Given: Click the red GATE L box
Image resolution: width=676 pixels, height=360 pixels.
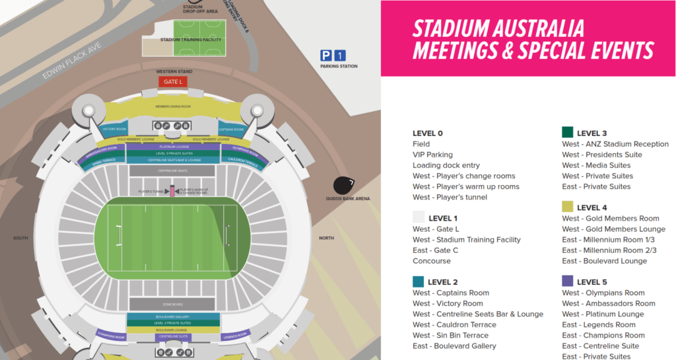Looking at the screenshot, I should [172, 81].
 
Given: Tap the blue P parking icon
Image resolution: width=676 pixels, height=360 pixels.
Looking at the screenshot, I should [325, 56].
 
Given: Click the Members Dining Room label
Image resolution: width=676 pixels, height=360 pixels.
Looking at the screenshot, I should [172, 106].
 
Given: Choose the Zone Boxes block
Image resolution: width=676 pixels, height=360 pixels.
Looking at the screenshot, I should [172, 305].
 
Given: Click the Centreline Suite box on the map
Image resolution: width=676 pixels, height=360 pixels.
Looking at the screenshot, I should [172, 337].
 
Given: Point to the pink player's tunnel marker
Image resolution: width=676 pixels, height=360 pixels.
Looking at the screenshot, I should [172, 191].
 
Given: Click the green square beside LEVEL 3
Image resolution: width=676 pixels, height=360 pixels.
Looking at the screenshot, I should [567, 132].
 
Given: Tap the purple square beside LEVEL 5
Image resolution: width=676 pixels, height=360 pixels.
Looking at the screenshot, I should [567, 281].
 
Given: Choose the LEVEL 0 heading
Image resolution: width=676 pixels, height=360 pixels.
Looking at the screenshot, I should [428, 133].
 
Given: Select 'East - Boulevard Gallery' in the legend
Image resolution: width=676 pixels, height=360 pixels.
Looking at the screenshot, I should [454, 345].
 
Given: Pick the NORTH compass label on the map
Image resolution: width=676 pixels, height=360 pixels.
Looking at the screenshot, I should [327, 238].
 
